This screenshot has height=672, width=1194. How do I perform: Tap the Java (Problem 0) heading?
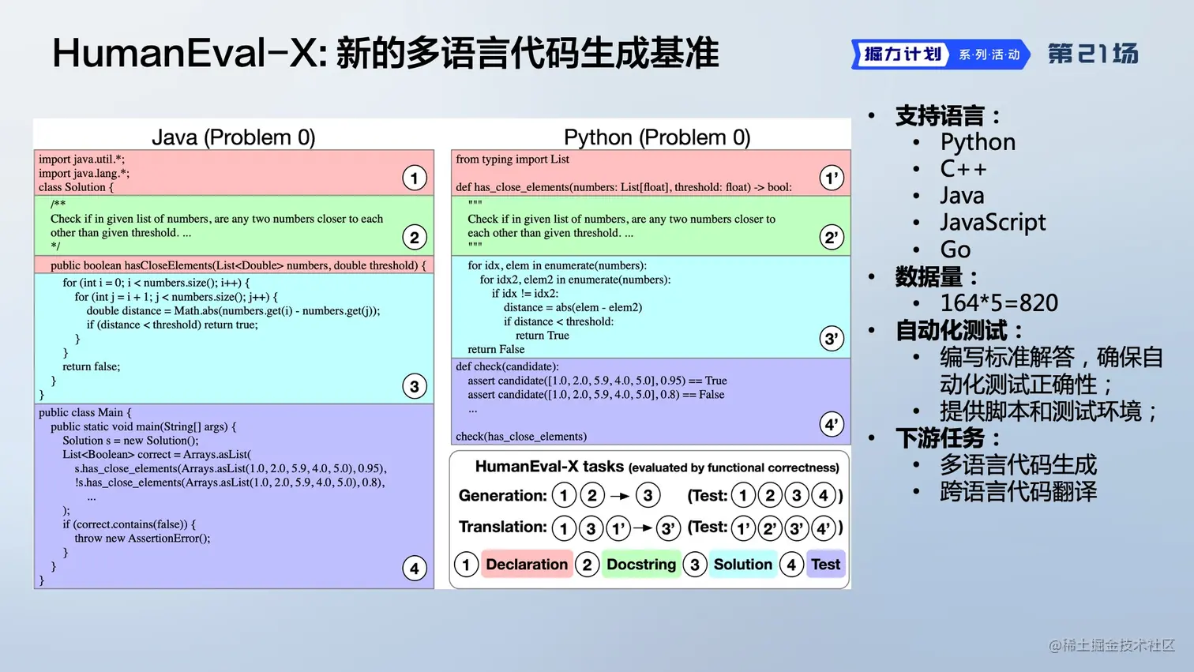[233, 137]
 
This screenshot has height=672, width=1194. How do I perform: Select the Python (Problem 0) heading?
[657, 137]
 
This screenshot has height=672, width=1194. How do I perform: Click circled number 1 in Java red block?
[415, 178]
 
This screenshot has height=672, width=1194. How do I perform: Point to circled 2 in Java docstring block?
[415, 238]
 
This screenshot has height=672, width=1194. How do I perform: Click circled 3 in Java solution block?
[415, 386]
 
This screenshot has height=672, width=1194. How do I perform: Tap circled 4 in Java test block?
[415, 568]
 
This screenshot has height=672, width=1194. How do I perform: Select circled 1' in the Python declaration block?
[832, 178]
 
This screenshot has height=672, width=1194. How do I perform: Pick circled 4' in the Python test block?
[832, 425]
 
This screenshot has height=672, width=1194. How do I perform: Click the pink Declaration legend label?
[527, 565]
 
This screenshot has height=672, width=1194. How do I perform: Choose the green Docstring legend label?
[641, 565]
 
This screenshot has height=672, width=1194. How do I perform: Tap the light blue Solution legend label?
[742, 565]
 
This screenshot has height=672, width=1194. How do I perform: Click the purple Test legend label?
[825, 565]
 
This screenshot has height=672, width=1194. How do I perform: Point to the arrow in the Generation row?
[620, 496]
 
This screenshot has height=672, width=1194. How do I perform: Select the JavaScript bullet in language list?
[993, 223]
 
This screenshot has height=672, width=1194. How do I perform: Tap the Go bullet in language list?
[956, 250]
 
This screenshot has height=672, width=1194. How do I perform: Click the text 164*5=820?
[999, 303]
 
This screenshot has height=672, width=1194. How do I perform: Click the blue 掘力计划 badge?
[902, 54]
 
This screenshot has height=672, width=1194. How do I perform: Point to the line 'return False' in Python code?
[496, 349]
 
